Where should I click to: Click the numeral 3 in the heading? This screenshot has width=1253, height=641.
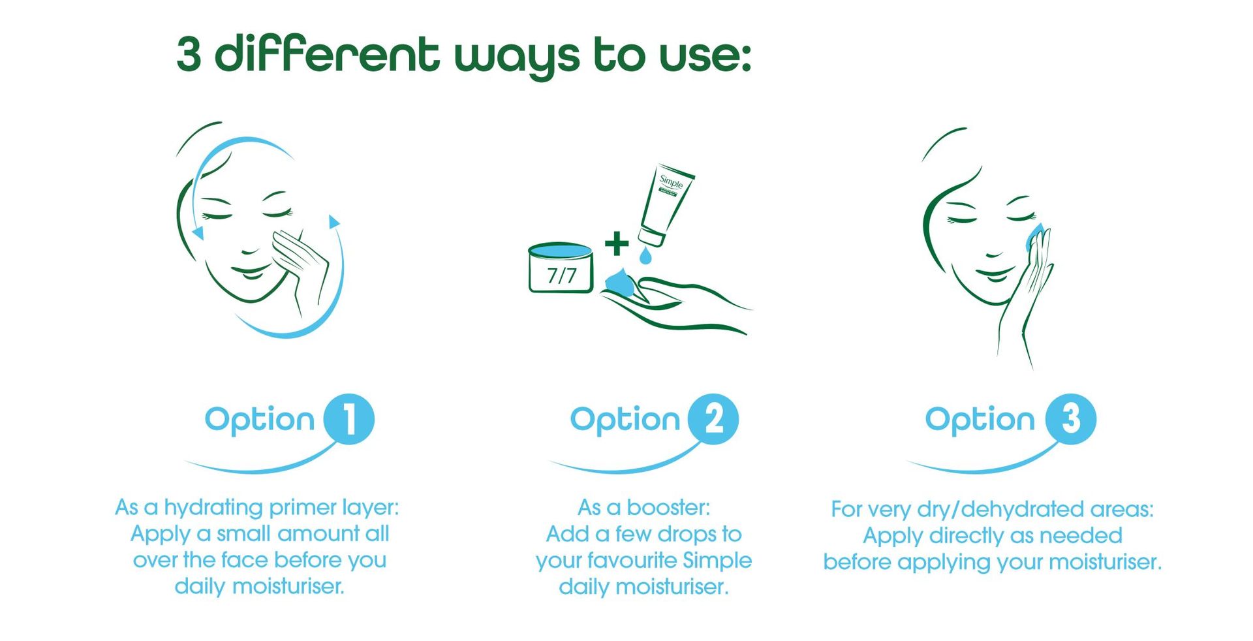coord(189,54)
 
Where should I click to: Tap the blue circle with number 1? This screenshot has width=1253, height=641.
coord(349,419)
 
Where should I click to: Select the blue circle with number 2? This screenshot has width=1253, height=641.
coord(713,419)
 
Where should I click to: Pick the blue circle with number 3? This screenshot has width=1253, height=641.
coord(1071,419)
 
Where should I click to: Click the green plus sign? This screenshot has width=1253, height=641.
coord(617,243)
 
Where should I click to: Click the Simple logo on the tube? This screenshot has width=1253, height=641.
coord(671,182)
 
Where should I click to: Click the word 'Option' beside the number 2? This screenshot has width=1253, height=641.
coord(625,420)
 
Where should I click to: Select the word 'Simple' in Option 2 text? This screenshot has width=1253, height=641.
coord(717,561)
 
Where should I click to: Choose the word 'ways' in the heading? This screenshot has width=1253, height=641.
coord(516,56)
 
